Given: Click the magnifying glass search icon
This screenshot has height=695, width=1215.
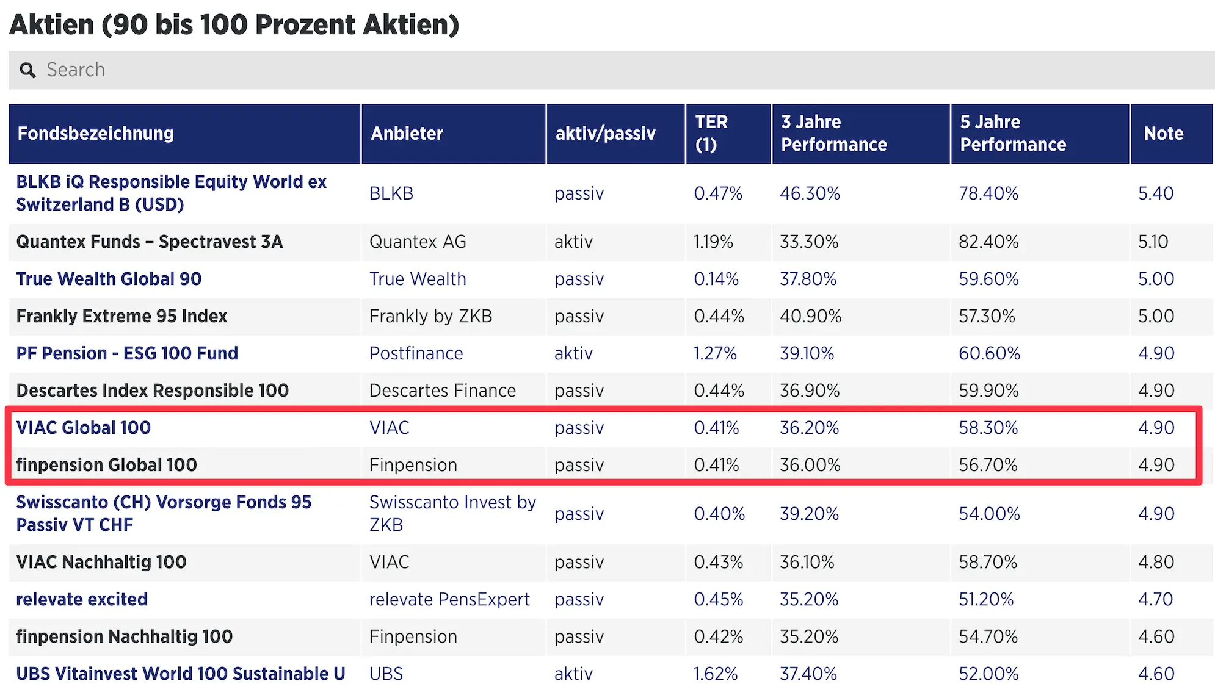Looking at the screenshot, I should pos(27,71).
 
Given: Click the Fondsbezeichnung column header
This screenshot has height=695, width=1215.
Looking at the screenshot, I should pos(95,134).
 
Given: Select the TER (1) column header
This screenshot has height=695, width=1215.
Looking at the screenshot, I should pos(711,134).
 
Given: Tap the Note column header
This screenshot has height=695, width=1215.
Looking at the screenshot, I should pos(1163,134).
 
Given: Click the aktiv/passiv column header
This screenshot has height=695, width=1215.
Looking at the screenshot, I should pos(605,134).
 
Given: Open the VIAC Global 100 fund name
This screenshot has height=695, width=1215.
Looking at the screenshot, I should pos(84,428).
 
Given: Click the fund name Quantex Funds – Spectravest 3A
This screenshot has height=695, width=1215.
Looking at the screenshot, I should pos(150,242).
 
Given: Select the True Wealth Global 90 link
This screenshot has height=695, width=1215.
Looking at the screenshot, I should pos(109,279).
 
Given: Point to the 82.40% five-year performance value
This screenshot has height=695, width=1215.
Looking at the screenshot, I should pos(988,242).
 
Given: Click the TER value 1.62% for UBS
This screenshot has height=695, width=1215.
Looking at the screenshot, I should pos(716,674).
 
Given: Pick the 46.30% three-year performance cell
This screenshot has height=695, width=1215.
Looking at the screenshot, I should pos(810,194).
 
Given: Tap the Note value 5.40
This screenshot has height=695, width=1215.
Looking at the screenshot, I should pos(1155,194).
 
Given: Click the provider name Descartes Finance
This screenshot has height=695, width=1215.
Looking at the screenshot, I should pos(443,391).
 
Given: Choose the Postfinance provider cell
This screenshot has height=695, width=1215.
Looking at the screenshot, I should pos(416,354).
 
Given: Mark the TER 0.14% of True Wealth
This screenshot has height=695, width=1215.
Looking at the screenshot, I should pos(716,279).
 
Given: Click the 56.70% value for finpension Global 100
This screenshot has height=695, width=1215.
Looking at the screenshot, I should pos(988,466).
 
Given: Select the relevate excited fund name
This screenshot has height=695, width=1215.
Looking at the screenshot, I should pos(82,600).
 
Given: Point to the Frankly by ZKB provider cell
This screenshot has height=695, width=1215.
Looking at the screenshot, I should pos(430,317).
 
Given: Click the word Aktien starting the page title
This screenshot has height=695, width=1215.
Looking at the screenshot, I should pos(53,25).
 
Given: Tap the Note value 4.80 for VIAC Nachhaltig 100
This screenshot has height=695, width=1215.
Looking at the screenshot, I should pos(1155,563).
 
